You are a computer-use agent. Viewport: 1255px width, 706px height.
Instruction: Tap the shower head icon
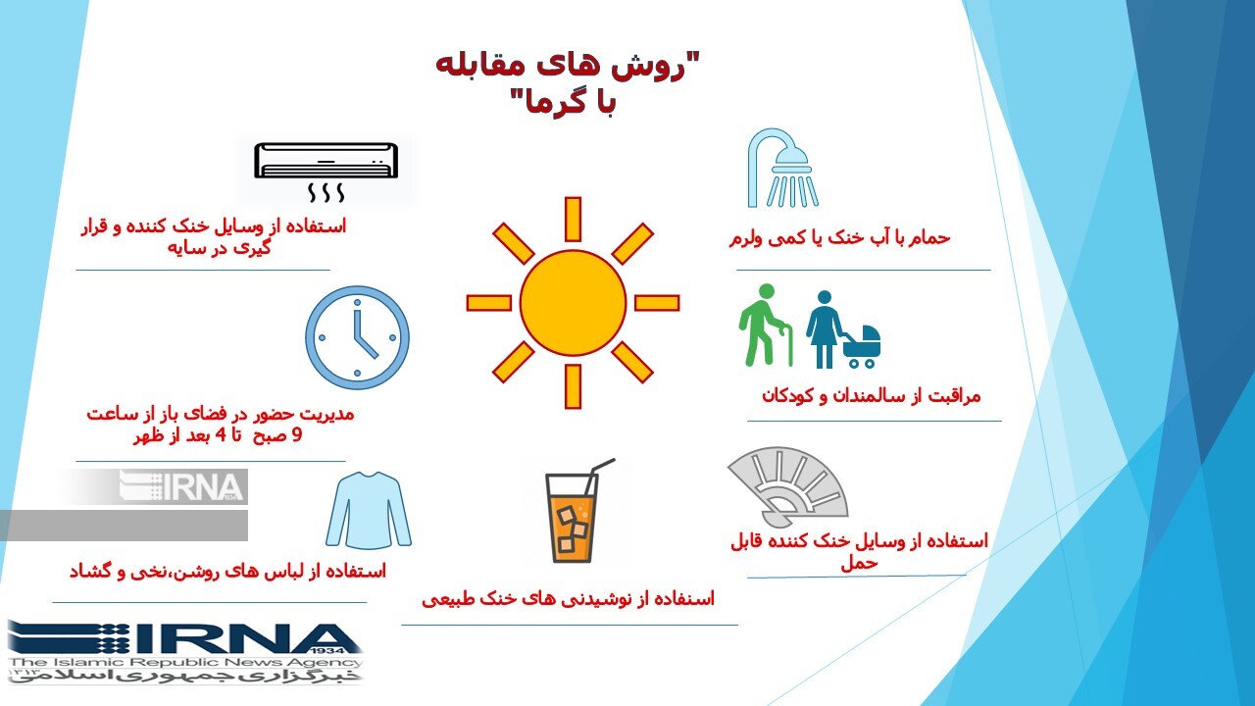tap(782, 168)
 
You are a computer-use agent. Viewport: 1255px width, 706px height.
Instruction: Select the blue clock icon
tap(358, 338)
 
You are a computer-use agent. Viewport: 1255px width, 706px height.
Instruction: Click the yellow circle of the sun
tap(573, 303)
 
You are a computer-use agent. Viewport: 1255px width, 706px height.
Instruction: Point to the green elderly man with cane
tap(766, 325)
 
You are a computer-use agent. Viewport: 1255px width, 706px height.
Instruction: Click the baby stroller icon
tap(862, 346)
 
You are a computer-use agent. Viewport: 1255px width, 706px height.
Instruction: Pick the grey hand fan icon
tap(787, 486)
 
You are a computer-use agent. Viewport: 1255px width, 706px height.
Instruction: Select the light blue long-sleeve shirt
tap(369, 510)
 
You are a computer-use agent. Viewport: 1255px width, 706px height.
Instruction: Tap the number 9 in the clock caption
tap(296, 434)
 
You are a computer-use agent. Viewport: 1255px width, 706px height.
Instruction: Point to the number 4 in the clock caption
tap(222, 434)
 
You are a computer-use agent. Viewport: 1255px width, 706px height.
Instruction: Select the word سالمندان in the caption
tap(878, 397)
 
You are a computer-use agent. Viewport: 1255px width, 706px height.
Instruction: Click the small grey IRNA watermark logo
tap(183, 486)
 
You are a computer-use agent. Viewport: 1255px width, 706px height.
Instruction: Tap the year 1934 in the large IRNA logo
tap(334, 649)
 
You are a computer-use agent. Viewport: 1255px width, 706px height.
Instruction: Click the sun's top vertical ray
tap(573, 219)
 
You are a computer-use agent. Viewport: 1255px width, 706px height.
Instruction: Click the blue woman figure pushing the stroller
tap(824, 329)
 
